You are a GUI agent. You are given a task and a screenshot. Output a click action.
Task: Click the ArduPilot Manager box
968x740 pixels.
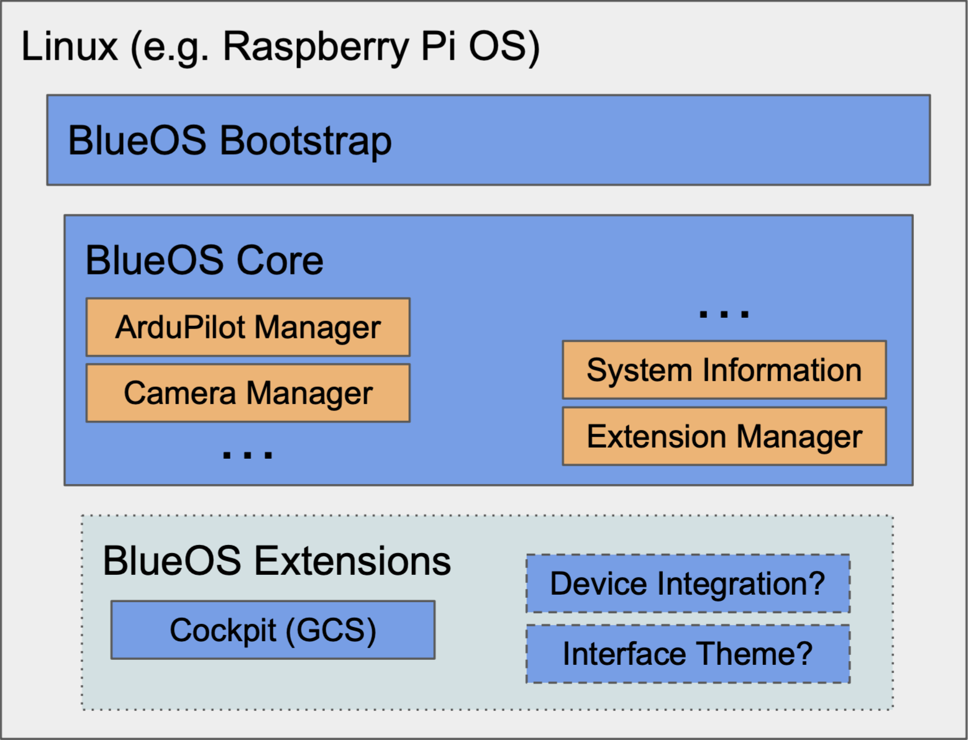click(x=248, y=327)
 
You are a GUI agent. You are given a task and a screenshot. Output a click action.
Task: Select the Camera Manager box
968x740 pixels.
click(x=248, y=393)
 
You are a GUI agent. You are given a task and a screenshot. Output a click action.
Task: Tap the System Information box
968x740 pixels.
click(x=724, y=370)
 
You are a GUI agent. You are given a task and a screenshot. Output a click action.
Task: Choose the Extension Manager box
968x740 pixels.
click(x=724, y=436)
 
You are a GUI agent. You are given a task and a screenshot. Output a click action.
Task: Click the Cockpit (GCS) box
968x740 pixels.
click(x=273, y=630)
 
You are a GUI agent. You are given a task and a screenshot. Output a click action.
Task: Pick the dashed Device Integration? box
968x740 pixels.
click(x=688, y=584)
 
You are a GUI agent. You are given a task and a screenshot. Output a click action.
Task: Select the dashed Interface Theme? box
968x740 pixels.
click(x=688, y=654)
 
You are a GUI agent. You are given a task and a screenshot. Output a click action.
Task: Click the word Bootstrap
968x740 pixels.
click(x=306, y=142)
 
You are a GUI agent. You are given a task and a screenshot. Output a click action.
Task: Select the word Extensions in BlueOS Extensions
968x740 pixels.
click(x=352, y=561)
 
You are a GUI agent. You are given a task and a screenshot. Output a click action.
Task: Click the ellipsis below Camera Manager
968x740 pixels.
click(x=247, y=455)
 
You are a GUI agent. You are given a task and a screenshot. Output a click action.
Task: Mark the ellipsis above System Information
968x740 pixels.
click(x=724, y=314)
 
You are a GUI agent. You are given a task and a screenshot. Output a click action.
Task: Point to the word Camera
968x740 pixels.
click(x=180, y=393)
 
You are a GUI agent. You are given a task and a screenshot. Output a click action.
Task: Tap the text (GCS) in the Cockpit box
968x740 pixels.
click(x=331, y=631)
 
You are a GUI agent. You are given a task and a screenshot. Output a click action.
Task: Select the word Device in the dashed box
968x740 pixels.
click(x=598, y=584)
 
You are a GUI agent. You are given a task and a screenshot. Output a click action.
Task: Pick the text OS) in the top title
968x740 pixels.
click(x=504, y=47)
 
